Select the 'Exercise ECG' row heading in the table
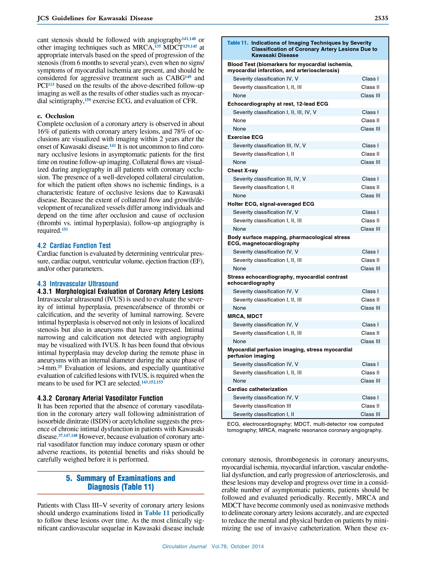coord(245,137)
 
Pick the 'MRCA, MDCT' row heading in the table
coord(245,316)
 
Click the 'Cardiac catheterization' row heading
coord(257,389)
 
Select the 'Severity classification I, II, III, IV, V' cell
coord(275,112)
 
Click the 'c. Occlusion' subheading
coord(56,116)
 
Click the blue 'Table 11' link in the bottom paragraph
coord(157,513)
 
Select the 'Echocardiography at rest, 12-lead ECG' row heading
coord(278,104)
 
